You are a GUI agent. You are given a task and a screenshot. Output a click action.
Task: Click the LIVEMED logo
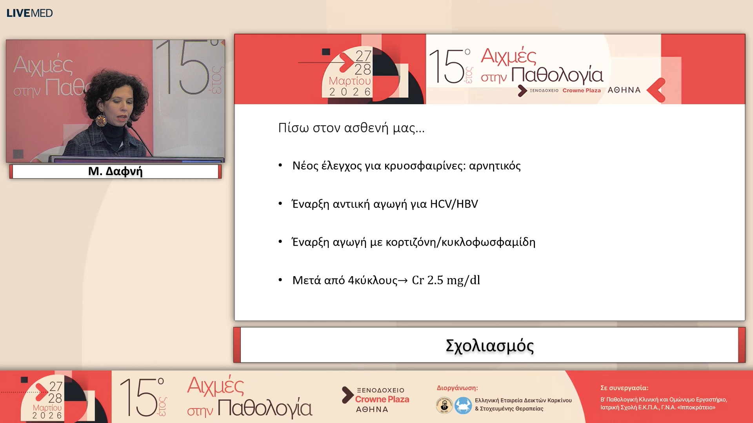point(29,13)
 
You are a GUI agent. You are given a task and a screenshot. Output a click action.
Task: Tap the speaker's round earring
point(101,120)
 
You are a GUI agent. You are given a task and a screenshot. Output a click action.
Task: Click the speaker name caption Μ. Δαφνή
point(115,171)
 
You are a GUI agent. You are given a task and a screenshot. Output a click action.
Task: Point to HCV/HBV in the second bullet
point(454,204)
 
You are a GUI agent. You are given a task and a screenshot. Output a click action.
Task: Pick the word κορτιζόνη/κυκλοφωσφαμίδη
point(460,242)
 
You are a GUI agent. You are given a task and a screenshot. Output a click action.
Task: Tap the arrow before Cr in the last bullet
point(403,280)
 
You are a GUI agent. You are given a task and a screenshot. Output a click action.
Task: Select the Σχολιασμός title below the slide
point(489,346)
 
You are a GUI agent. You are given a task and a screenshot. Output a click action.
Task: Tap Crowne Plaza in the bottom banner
point(382,399)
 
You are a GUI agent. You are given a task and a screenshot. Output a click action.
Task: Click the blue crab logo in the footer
point(463,405)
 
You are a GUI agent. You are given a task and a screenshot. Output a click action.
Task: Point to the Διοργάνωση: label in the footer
point(457,388)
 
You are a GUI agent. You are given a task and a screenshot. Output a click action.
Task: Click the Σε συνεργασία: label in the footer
point(624,388)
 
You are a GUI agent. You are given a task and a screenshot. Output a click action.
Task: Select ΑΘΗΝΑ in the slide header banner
point(624,90)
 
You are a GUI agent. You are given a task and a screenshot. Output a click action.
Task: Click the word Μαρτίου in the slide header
point(349,81)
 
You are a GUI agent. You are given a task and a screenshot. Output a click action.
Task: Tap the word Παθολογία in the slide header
point(557,75)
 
